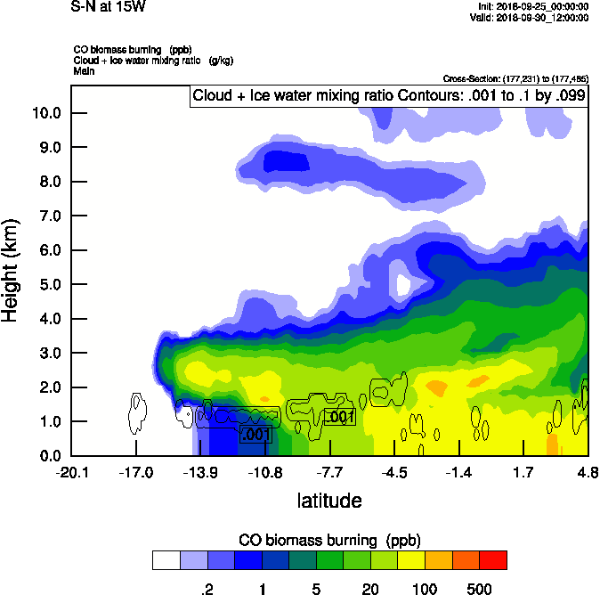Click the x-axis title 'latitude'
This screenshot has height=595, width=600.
pos(328,501)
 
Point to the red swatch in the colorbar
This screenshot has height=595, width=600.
pos(493,560)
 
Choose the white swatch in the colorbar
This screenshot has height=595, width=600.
pos(166,560)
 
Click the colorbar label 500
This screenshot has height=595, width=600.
pos(480,589)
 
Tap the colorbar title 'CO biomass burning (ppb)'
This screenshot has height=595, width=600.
pos(329,541)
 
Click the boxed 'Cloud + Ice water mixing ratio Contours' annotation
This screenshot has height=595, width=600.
pos(389,95)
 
